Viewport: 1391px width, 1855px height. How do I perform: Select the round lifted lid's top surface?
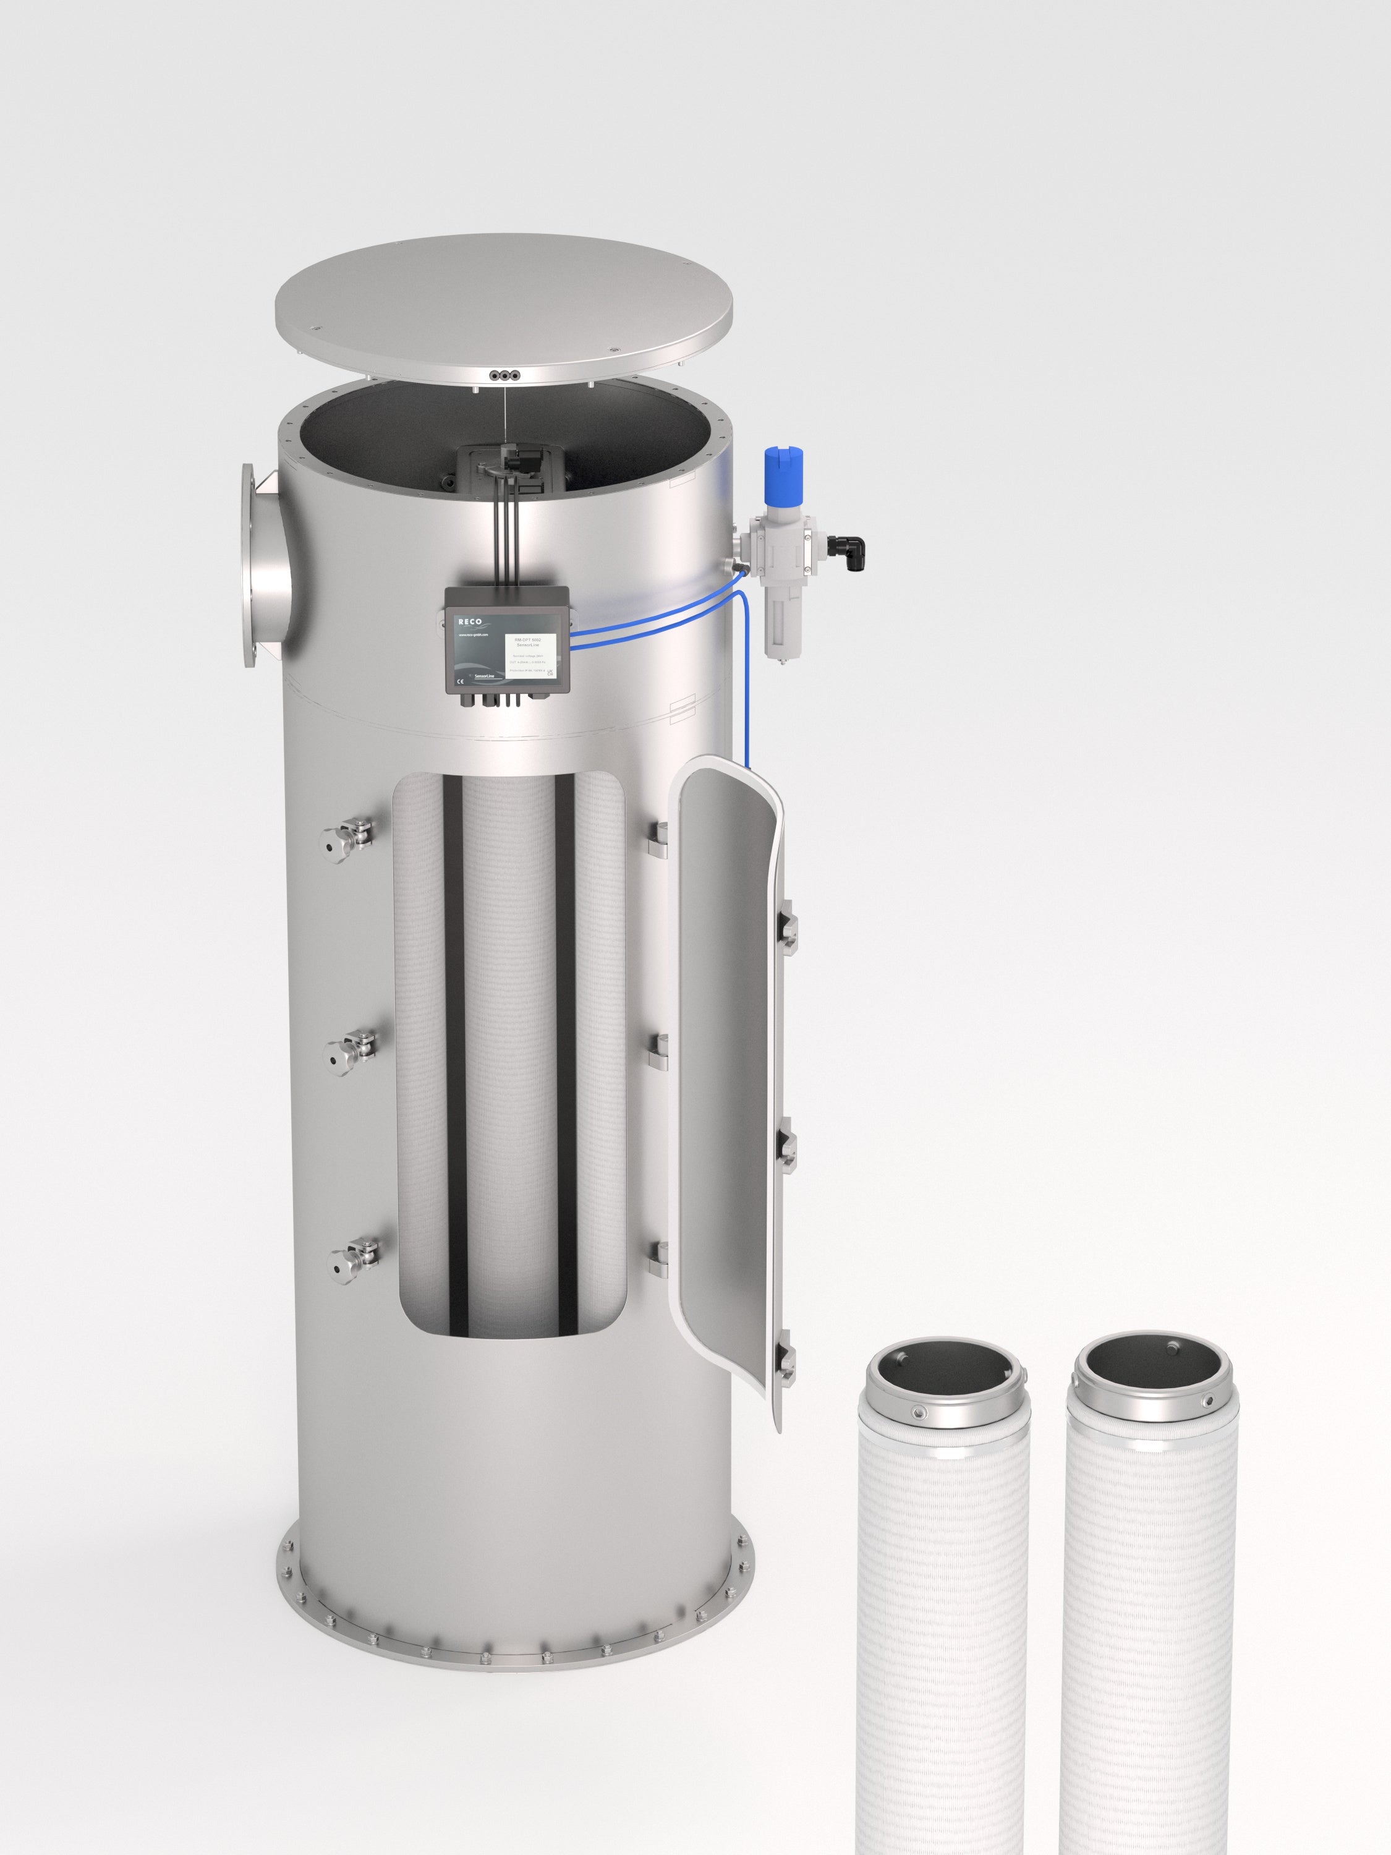pyautogui.click(x=503, y=318)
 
